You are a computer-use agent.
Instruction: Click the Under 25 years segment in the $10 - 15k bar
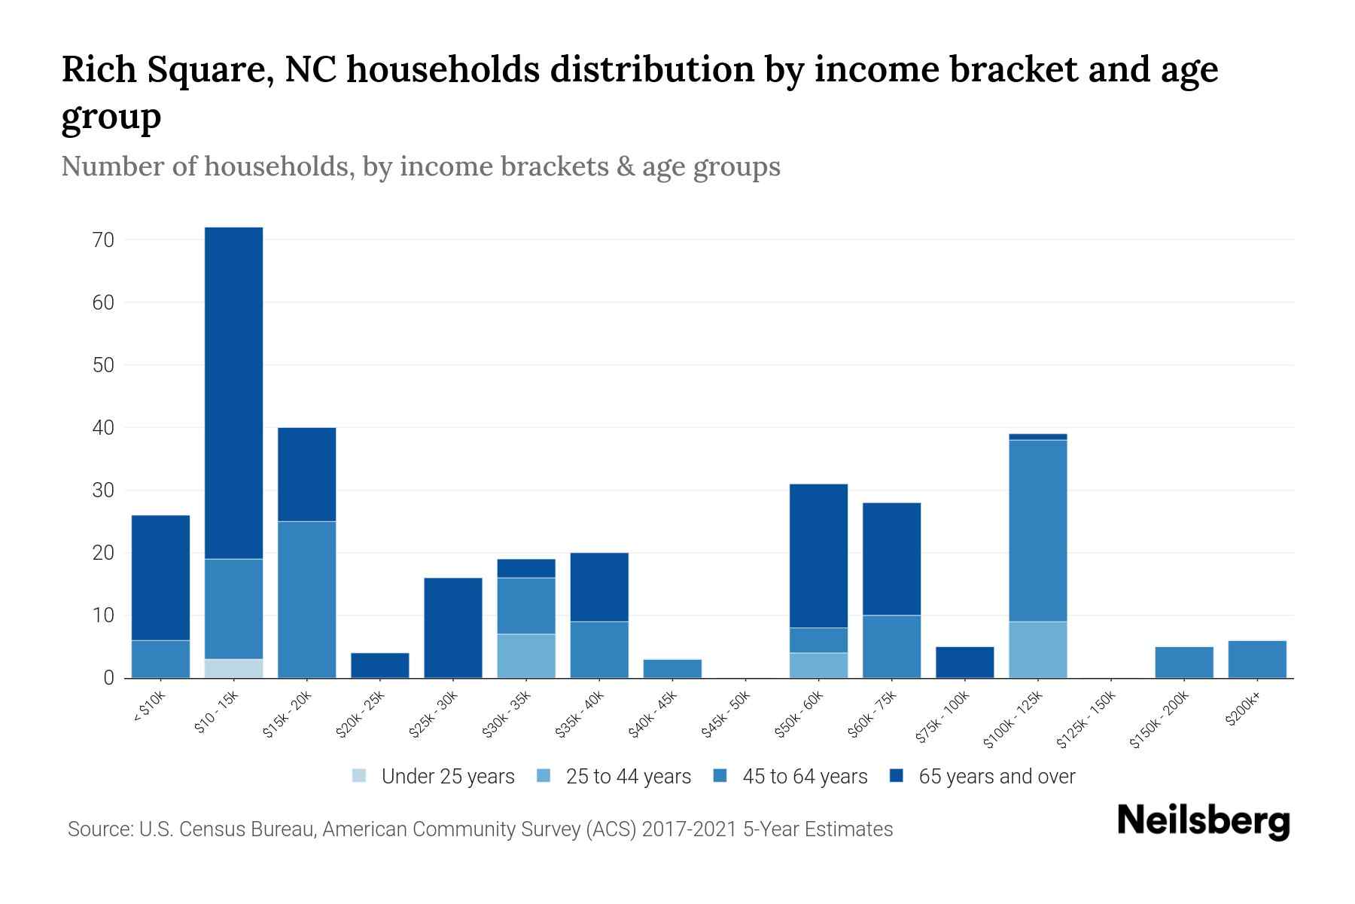[233, 668]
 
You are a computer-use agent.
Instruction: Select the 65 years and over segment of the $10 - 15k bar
[233, 392]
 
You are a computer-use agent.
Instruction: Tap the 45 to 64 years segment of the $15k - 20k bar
[306, 599]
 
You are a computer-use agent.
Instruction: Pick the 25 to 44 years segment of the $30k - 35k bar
[526, 655]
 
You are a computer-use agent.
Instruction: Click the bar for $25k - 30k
[453, 628]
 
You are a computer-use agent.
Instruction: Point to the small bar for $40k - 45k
[672, 668]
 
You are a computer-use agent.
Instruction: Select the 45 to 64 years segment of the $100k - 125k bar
[1037, 530]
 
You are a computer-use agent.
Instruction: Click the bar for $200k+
[1257, 659]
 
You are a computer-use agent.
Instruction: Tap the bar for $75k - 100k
[964, 662]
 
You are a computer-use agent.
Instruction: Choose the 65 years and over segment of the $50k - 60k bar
[818, 555]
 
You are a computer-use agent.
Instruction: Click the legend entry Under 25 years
[434, 776]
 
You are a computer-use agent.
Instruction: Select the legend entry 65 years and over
[982, 776]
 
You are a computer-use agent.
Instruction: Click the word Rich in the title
[98, 70]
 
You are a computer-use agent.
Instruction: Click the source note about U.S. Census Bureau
[480, 829]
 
